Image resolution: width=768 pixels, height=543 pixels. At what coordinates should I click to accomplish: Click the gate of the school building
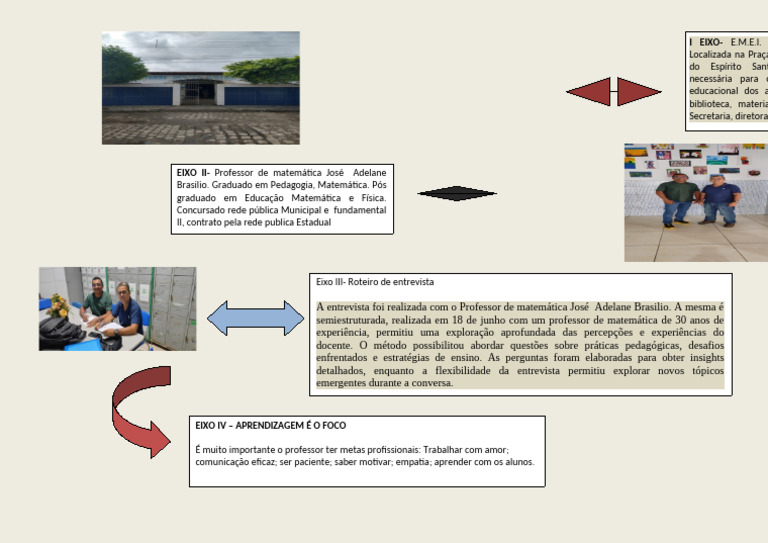tap(199, 92)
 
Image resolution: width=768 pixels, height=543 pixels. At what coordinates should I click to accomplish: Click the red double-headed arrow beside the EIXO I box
tap(614, 92)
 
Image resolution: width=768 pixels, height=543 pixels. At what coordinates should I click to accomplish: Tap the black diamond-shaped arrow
tap(456, 193)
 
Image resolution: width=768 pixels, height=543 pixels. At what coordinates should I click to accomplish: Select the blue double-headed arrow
tap(256, 318)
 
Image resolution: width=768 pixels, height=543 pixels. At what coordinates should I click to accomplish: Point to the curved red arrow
tap(134, 409)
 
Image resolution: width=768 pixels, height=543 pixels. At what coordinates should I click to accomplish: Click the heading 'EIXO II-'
tap(193, 173)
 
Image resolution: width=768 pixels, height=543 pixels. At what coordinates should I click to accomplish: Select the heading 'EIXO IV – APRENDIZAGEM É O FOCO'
tap(270, 426)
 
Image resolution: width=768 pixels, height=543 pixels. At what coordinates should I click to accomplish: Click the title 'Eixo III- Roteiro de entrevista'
tap(375, 283)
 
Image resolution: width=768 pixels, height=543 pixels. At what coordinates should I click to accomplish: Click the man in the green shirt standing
tap(677, 197)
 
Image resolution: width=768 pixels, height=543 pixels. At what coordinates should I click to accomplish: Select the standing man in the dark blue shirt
tap(719, 197)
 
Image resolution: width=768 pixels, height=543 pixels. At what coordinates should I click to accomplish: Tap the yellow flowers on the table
tap(58, 304)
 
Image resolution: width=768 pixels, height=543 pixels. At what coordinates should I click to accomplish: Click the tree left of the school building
tap(122, 66)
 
